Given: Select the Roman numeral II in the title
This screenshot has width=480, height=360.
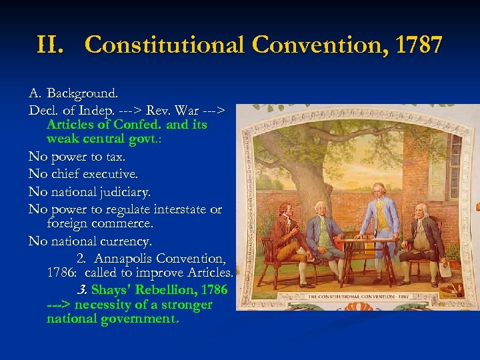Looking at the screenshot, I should click(51, 45).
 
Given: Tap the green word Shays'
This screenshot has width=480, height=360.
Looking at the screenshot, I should click(111, 290).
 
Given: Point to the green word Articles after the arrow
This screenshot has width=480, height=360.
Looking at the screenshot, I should click(70, 125).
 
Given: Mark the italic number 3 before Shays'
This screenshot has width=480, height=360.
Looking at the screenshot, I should click(82, 290).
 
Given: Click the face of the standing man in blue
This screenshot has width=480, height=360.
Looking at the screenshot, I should click(378, 191).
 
